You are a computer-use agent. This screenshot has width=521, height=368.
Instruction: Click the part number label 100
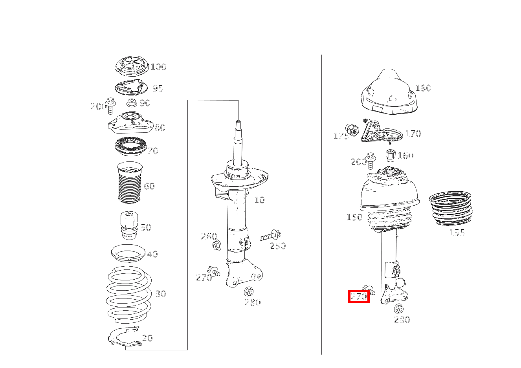pyautogui.click(x=159, y=67)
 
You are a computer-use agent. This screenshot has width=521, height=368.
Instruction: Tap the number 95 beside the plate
pyautogui.click(x=158, y=88)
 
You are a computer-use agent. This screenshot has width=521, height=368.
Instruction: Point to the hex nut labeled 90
pyautogui.click(x=132, y=103)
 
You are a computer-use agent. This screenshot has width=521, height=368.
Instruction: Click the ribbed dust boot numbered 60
pyautogui.click(x=130, y=183)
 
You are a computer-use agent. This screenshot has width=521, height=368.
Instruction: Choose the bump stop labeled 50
pyautogui.click(x=129, y=225)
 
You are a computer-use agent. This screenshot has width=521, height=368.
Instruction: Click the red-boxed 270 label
pyautogui.click(x=359, y=297)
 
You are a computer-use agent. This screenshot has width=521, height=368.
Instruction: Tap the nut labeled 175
pyautogui.click(x=352, y=130)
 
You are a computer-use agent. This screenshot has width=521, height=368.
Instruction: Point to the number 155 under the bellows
pyautogui.click(x=457, y=233)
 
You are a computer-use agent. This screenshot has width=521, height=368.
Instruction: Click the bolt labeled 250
pyautogui.click(x=270, y=236)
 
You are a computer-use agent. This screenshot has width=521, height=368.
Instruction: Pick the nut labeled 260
pyautogui.click(x=217, y=246)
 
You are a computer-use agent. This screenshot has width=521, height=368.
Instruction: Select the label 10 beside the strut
pyautogui.click(x=259, y=200)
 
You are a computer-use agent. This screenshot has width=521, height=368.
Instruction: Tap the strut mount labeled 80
pyautogui.click(x=131, y=123)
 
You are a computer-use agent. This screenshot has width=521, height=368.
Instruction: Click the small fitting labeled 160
pyautogui.click(x=390, y=156)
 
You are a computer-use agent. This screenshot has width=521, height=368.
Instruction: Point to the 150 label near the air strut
pyautogui.click(x=354, y=217)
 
